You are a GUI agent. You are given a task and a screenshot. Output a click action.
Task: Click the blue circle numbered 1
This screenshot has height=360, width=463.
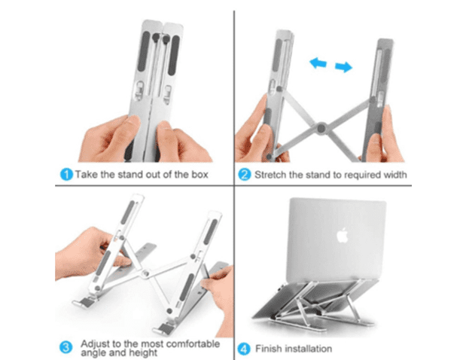(66, 174)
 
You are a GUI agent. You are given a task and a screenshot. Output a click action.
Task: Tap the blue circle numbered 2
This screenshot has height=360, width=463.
(245, 175)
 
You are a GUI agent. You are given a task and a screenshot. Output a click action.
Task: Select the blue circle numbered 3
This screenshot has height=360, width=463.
(65, 347)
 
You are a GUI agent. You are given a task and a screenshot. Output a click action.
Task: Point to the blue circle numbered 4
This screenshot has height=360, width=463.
(244, 349)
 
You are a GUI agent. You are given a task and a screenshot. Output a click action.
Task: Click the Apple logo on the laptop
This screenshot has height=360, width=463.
(343, 235)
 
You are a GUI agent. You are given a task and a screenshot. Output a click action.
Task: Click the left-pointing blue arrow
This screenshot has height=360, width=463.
(318, 63)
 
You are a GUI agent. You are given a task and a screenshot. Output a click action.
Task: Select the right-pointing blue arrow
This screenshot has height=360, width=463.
(343, 67)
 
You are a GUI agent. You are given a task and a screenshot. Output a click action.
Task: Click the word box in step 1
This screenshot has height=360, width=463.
(200, 174)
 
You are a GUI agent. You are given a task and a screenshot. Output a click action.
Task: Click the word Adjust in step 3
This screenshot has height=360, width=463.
(95, 344)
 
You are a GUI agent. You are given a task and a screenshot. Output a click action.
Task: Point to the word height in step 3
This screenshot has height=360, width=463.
(145, 352)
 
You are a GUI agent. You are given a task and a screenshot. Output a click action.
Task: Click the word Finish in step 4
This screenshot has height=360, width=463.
(268, 349)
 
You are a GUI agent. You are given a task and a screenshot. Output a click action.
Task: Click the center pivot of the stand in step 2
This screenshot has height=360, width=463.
(321, 129)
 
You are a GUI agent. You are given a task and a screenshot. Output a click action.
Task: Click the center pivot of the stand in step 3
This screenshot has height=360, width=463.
(145, 273)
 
